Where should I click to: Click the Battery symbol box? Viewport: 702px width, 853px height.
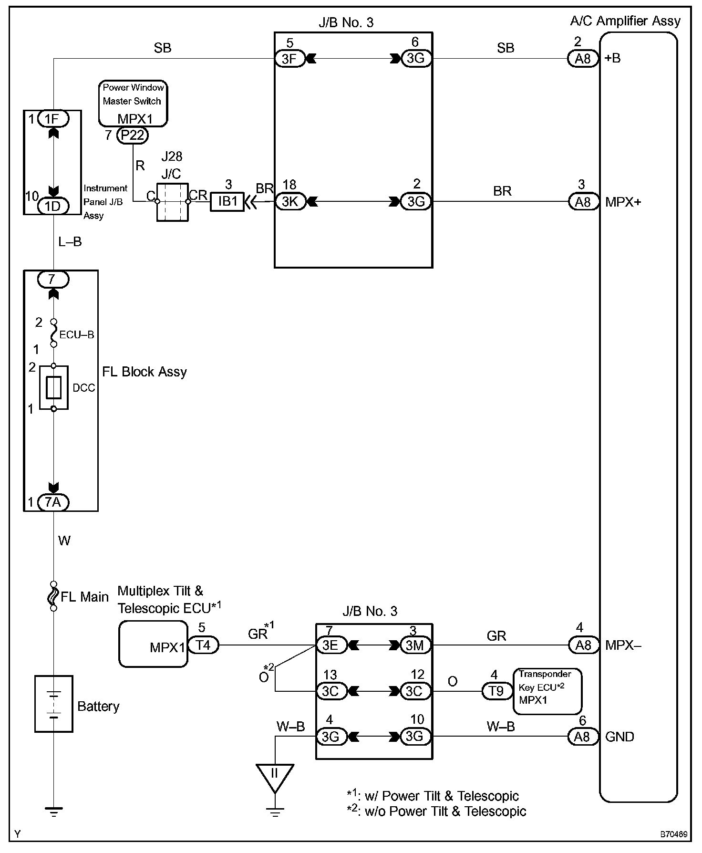coord(53,704)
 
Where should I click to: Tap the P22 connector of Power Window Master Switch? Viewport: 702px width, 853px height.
coord(132,135)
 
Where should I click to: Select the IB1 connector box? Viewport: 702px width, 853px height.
coord(227,201)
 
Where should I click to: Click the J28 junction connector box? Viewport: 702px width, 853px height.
coord(172,202)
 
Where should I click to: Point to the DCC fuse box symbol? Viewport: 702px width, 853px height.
coord(53,387)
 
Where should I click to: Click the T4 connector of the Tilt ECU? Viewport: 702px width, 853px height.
coord(203,645)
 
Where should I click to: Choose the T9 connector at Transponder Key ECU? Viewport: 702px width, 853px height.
coord(496,691)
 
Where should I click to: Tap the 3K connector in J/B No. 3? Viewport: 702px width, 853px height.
coord(290,201)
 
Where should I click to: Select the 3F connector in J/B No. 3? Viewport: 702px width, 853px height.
coord(290,59)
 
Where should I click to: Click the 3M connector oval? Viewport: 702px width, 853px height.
coord(416,645)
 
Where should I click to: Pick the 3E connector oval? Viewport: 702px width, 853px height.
coord(331,645)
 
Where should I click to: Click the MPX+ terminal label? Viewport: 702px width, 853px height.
coord(623,202)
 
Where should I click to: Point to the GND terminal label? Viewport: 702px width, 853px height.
coord(619,737)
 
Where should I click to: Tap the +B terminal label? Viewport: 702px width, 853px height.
coord(612,58)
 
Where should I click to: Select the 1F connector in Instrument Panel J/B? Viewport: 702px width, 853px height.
coord(53,118)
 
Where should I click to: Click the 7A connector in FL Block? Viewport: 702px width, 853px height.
coord(53,502)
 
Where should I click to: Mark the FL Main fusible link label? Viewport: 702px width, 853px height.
coord(84,597)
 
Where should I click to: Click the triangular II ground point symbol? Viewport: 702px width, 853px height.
coord(275,778)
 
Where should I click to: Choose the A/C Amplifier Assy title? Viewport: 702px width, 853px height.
coord(625,21)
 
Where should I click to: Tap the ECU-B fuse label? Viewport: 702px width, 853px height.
coord(77,334)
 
